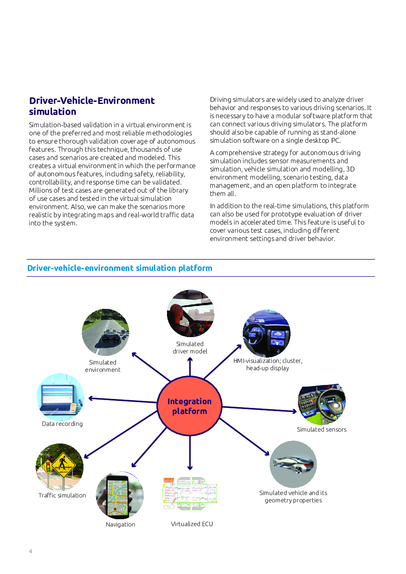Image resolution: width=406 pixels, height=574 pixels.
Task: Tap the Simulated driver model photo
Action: (190, 313)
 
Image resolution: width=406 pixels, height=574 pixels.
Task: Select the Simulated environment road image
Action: (105, 332)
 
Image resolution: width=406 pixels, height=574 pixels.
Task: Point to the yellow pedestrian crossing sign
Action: (63, 465)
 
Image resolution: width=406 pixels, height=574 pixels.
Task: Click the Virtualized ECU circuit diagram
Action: (189, 493)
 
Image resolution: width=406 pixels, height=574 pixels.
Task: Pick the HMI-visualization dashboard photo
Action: (266, 333)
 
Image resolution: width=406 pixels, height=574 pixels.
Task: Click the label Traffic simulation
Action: (62, 495)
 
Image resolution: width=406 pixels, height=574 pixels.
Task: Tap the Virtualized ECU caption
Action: (192, 524)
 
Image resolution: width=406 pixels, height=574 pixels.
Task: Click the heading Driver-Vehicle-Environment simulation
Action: (92, 106)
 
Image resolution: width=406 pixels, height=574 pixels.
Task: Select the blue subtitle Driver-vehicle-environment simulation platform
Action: (120, 268)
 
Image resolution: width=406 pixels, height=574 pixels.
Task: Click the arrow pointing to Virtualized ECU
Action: (189, 453)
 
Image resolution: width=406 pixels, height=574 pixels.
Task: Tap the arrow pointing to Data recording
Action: (122, 400)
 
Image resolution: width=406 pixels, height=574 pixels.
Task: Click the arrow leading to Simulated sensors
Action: (259, 409)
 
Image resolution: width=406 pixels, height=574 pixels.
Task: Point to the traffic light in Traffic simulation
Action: (47, 466)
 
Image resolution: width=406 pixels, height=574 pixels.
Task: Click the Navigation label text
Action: (120, 524)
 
